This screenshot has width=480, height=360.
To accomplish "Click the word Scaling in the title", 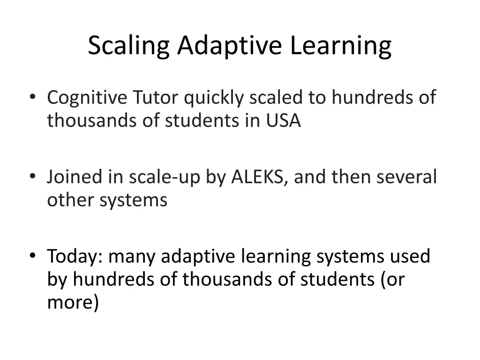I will (x=128, y=46).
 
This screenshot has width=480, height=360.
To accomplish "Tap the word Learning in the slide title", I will (x=340, y=46).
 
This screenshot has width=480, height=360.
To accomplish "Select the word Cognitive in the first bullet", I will (x=87, y=98).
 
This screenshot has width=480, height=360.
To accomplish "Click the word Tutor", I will (x=156, y=98).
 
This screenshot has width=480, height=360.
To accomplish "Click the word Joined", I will (x=74, y=178).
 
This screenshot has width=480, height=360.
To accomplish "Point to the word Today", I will (x=75, y=257).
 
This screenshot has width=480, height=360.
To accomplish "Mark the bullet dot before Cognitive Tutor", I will (x=32, y=97).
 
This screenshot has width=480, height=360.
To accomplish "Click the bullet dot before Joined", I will (x=32, y=177).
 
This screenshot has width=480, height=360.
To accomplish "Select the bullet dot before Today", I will (x=32, y=256).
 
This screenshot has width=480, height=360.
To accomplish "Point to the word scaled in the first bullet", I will (x=277, y=98).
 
